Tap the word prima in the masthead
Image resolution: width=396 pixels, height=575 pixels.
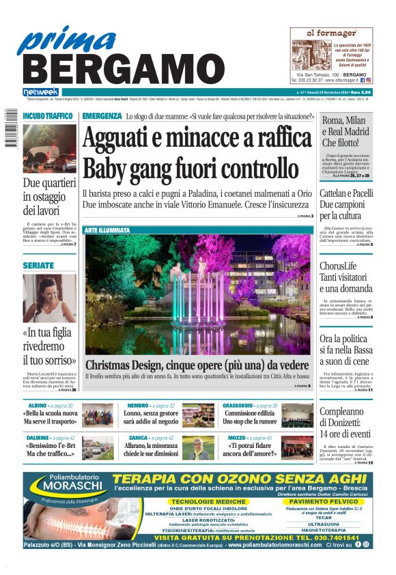[x=61, y=40]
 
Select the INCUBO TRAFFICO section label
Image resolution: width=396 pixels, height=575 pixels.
[x=48, y=116]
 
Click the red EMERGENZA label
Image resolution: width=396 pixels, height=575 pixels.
[x=102, y=116]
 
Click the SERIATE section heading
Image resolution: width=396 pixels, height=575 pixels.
[x=38, y=265]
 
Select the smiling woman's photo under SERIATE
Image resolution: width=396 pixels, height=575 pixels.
[x=49, y=298]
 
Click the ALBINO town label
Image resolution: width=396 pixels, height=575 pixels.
[x=38, y=406]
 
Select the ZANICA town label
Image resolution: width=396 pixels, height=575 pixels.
[x=139, y=438]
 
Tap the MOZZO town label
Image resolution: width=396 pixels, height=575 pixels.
[x=237, y=438]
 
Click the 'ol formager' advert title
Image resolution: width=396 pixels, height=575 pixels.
[x=331, y=33]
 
